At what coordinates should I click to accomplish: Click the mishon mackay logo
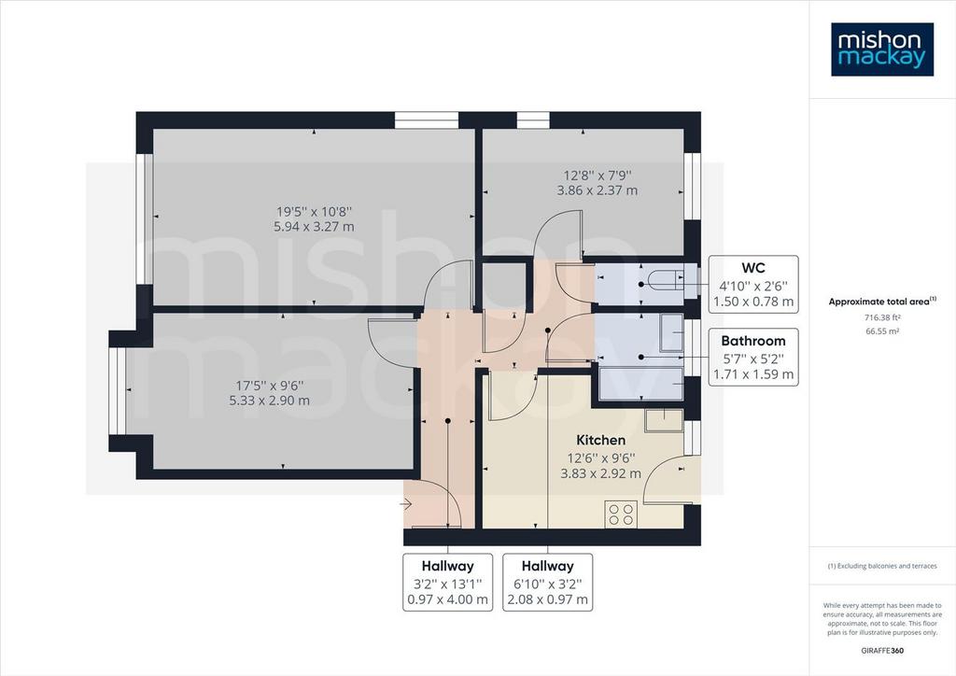point(882,49)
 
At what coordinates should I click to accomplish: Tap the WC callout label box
point(753,285)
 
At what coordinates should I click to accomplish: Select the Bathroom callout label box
point(753,358)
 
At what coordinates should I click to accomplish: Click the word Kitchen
point(600,440)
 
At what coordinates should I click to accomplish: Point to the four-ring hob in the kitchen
point(621,514)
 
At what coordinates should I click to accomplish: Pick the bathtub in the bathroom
point(640,384)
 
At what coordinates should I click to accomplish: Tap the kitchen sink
point(664,420)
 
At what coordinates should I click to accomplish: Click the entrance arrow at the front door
point(406,504)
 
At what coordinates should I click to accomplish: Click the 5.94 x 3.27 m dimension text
point(314,227)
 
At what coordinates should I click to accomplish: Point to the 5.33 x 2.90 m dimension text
point(269,401)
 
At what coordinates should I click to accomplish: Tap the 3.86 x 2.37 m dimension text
point(597,190)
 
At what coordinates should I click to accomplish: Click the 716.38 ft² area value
point(882,317)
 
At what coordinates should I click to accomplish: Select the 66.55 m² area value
point(882,331)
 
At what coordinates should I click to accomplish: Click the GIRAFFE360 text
point(882,651)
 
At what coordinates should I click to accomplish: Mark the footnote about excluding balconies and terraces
point(882,566)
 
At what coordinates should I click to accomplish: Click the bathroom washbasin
point(671,333)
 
